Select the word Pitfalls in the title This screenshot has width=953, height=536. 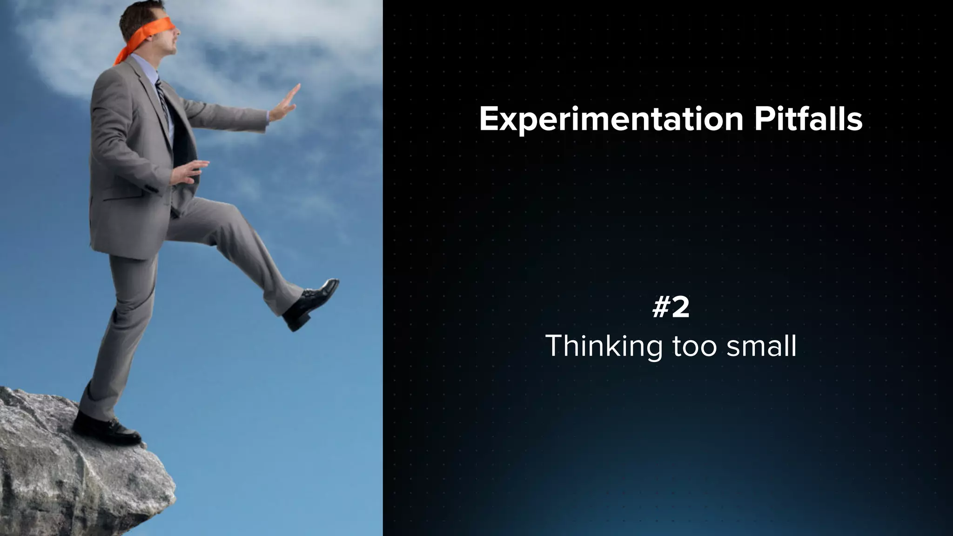pos(808,120)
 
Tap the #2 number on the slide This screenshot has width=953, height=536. pos(671,308)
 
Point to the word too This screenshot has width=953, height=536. pos(694,347)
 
